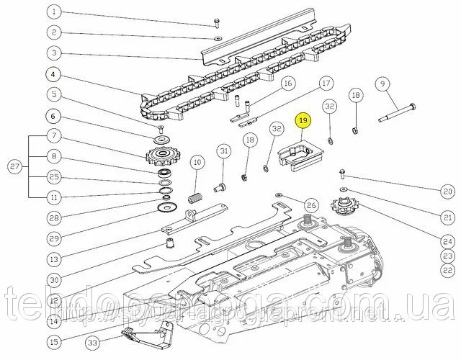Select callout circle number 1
point(54,12)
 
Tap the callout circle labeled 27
point(13,168)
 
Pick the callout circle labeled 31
point(224,150)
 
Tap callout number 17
point(325,84)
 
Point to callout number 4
point(54,73)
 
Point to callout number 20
point(447,190)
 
